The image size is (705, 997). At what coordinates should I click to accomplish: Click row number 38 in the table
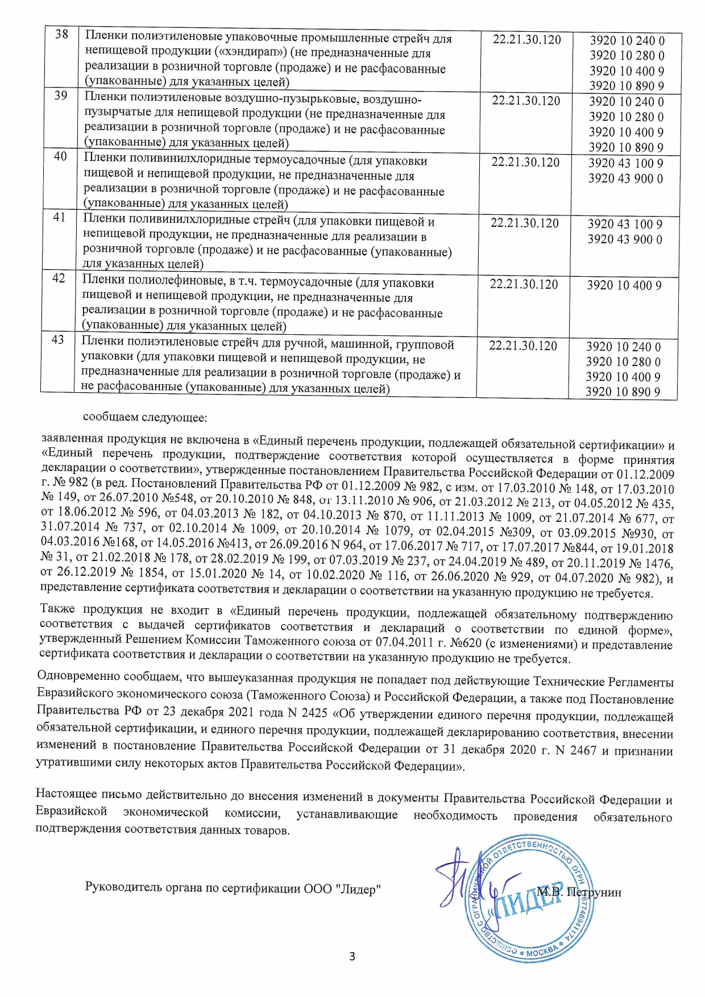pos(61,35)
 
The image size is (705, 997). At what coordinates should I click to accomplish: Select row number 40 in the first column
pos(60,156)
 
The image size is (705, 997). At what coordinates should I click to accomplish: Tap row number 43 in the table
pos(58,340)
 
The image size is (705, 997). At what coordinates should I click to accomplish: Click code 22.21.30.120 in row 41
pos(525,223)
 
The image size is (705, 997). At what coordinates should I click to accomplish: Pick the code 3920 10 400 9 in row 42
pos(624,285)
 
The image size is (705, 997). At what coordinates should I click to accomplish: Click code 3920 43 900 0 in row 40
pos(625,178)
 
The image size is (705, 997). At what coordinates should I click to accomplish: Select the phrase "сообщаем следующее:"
pos(146,418)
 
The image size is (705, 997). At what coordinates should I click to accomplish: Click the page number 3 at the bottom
pos(352,956)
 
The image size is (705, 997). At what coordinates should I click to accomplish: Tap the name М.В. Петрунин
pos(579,892)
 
